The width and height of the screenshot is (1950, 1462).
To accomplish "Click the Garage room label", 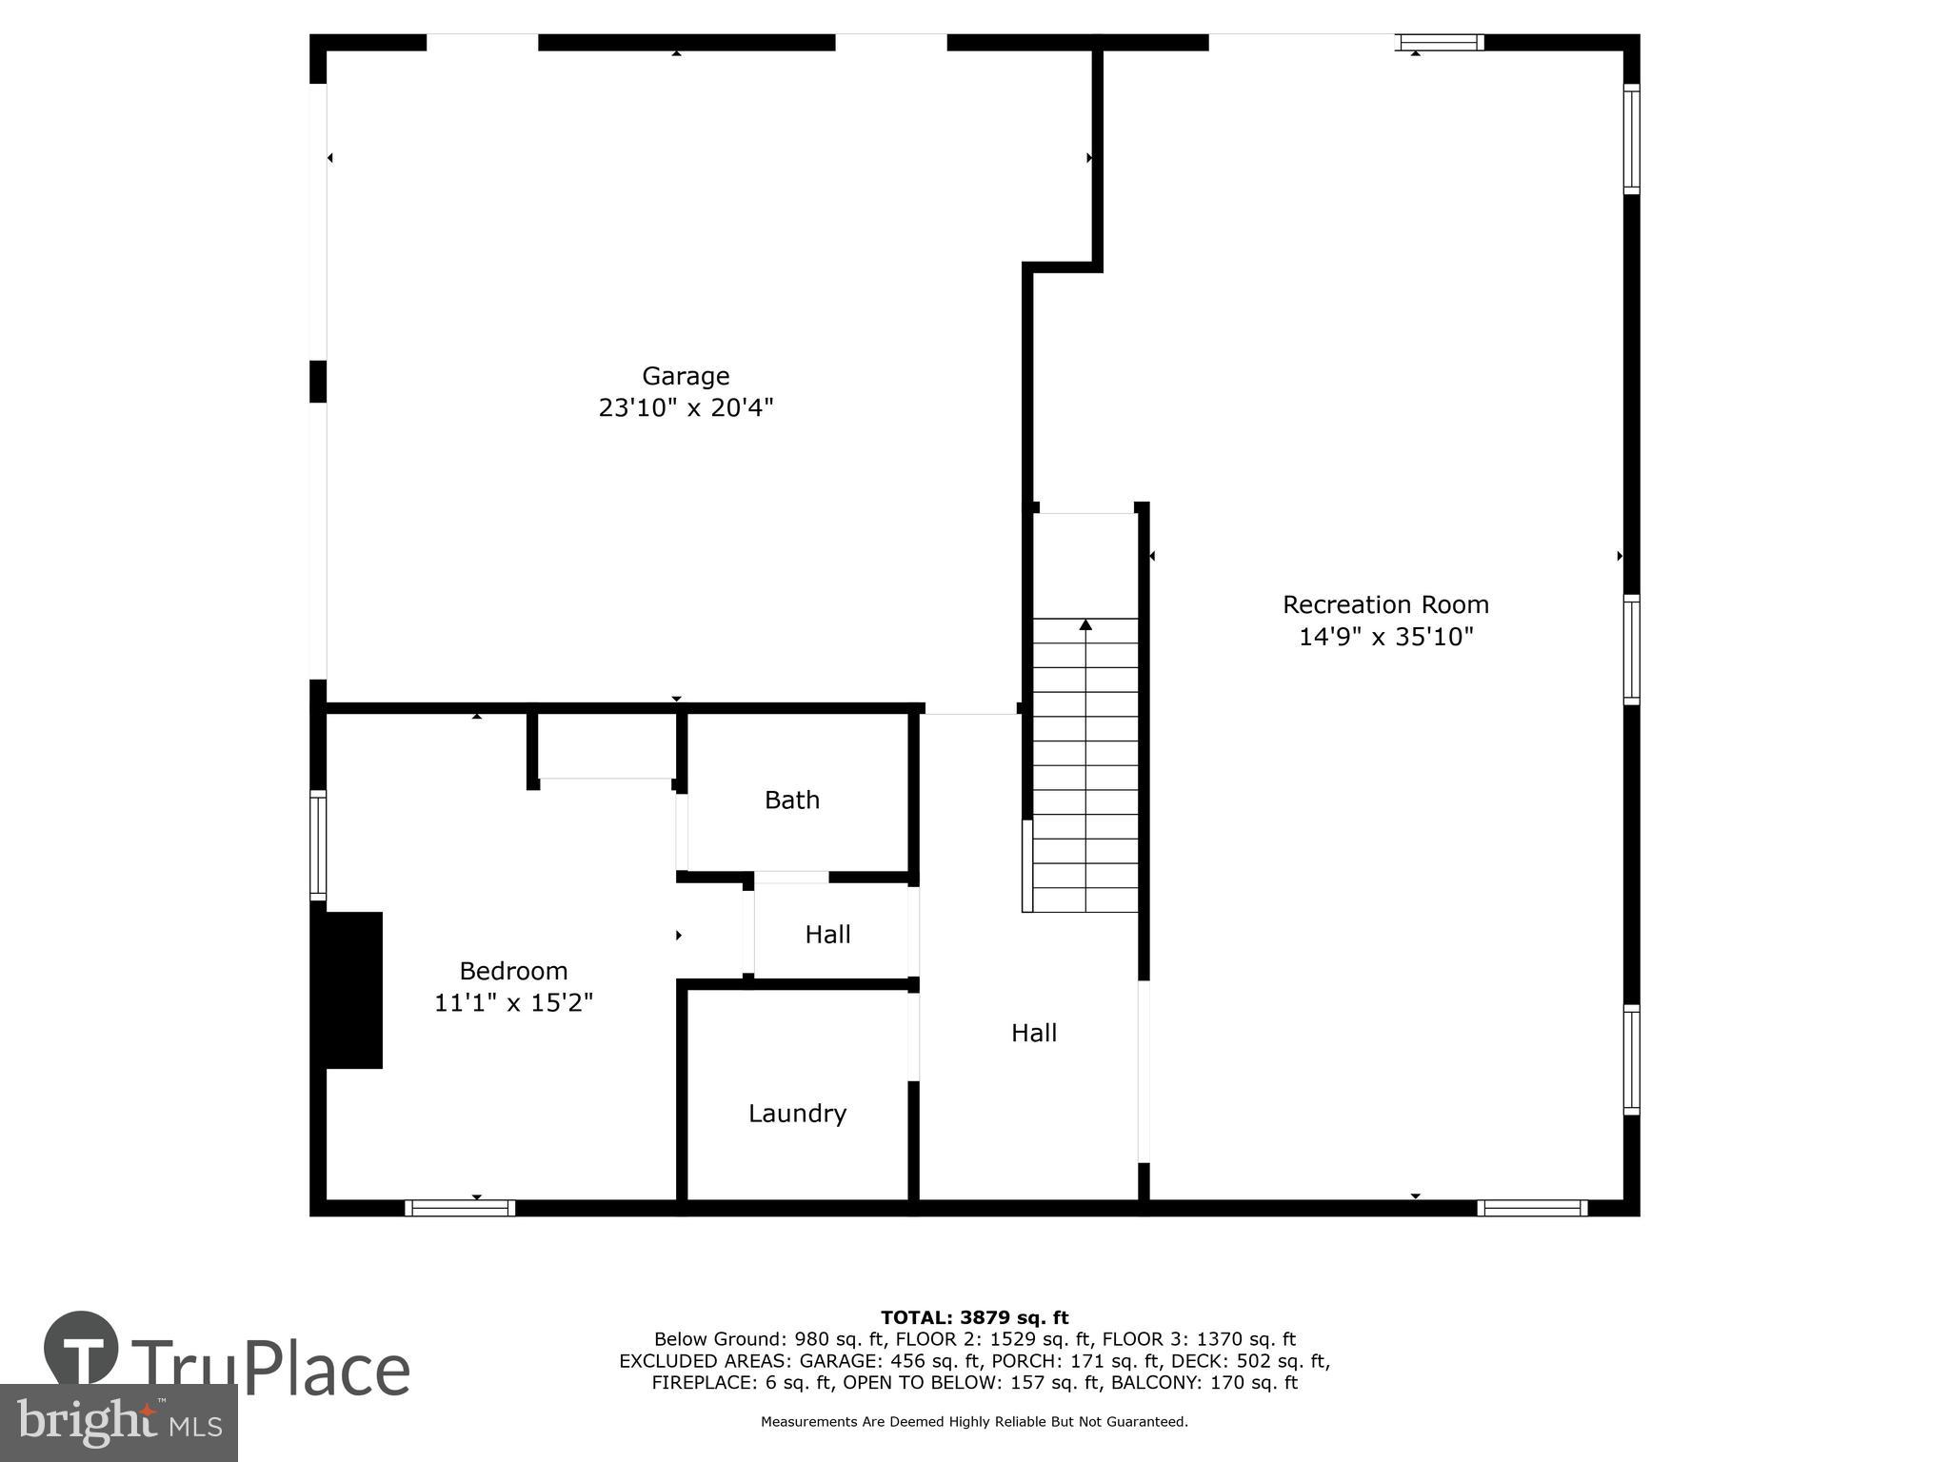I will [685, 376].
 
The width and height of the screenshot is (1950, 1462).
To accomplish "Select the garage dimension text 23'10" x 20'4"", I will [685, 408].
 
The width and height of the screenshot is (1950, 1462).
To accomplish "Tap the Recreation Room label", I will [1384, 604].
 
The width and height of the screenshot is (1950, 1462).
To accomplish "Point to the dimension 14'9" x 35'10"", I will [1385, 637].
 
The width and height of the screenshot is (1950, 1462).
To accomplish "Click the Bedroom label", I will [513, 971].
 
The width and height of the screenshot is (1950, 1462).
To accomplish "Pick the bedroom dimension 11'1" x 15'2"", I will [513, 1003].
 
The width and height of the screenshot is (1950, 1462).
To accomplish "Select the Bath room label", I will [791, 800].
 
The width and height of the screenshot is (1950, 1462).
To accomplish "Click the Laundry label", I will [797, 1114].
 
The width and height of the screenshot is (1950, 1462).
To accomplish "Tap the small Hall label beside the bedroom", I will [827, 935].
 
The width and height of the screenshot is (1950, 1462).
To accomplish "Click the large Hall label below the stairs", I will [1033, 1033].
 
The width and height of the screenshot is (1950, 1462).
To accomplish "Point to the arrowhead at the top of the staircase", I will [1085, 625].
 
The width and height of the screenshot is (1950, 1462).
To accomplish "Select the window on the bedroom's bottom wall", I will [460, 1208].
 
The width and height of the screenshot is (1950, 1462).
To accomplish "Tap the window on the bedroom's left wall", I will [318, 844].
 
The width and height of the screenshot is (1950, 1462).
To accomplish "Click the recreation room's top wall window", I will [1440, 42].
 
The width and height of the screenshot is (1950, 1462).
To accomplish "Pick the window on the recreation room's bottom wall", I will [1532, 1208].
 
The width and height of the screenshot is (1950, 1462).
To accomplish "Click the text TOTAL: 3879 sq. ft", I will [974, 1317].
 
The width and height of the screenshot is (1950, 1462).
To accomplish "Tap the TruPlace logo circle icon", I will [81, 1349].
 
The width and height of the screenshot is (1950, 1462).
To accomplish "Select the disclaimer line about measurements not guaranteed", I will [974, 1422].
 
